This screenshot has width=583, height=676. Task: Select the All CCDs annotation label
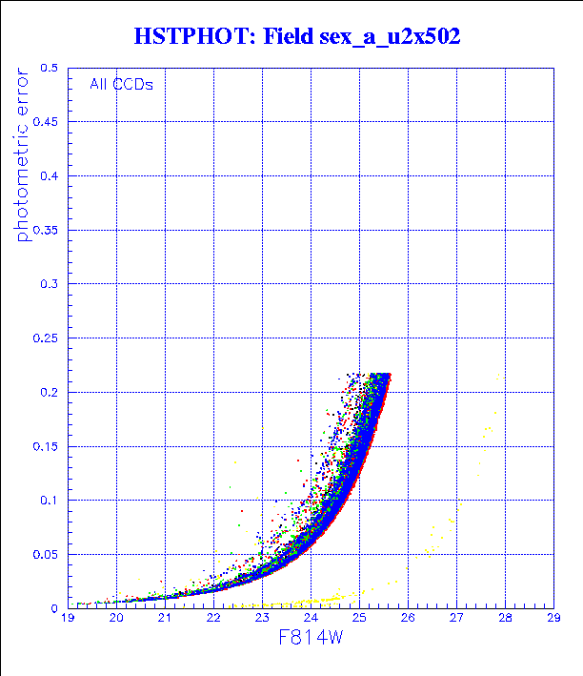pos(121,83)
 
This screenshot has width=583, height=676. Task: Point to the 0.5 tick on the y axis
pos(48,69)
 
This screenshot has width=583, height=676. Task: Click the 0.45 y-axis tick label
pos(45,122)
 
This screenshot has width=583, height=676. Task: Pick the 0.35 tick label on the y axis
pos(45,230)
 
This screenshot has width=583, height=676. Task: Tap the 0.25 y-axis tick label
pos(45,338)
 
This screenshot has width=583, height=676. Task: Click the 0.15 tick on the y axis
pos(45,445)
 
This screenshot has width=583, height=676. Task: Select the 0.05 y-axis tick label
pos(45,553)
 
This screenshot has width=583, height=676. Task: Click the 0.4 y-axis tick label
pos(48,176)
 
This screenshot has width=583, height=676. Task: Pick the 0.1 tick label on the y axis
pos(48,500)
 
